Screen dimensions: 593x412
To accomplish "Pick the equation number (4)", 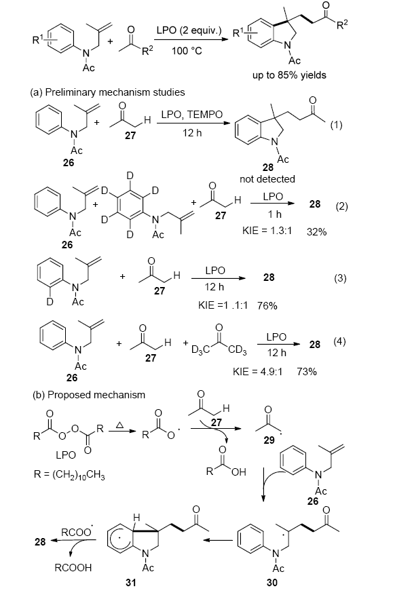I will click(x=340, y=341).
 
